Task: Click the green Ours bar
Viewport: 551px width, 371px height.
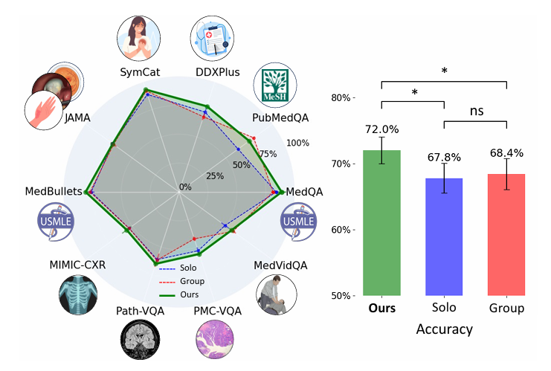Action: [x=381, y=222]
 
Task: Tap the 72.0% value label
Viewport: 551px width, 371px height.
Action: [x=381, y=129]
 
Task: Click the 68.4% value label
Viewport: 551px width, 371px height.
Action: [x=506, y=153]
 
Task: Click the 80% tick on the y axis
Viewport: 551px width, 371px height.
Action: [x=343, y=98]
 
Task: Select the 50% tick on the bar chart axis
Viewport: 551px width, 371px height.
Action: [x=343, y=296]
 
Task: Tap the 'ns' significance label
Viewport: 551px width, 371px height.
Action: [x=475, y=111]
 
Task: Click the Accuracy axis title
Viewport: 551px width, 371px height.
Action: [x=444, y=327]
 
